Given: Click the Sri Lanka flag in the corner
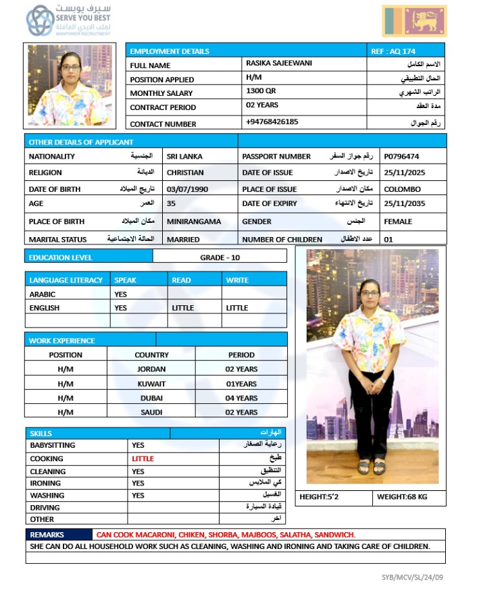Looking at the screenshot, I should [414, 21].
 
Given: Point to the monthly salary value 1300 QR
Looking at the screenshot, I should [261, 91].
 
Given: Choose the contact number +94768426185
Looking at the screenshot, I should [272, 122].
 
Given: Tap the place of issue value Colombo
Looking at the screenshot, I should [402, 189].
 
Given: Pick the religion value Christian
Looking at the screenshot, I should [185, 173].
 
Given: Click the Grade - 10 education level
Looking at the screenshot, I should [220, 258].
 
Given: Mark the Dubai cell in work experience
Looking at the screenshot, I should [151, 398].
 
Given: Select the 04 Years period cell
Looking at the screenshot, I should [241, 398].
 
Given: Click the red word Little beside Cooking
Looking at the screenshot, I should [143, 459].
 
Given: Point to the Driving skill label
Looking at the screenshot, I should [45, 508].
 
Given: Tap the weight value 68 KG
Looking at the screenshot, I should [409, 498].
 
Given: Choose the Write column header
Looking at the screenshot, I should [237, 280].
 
